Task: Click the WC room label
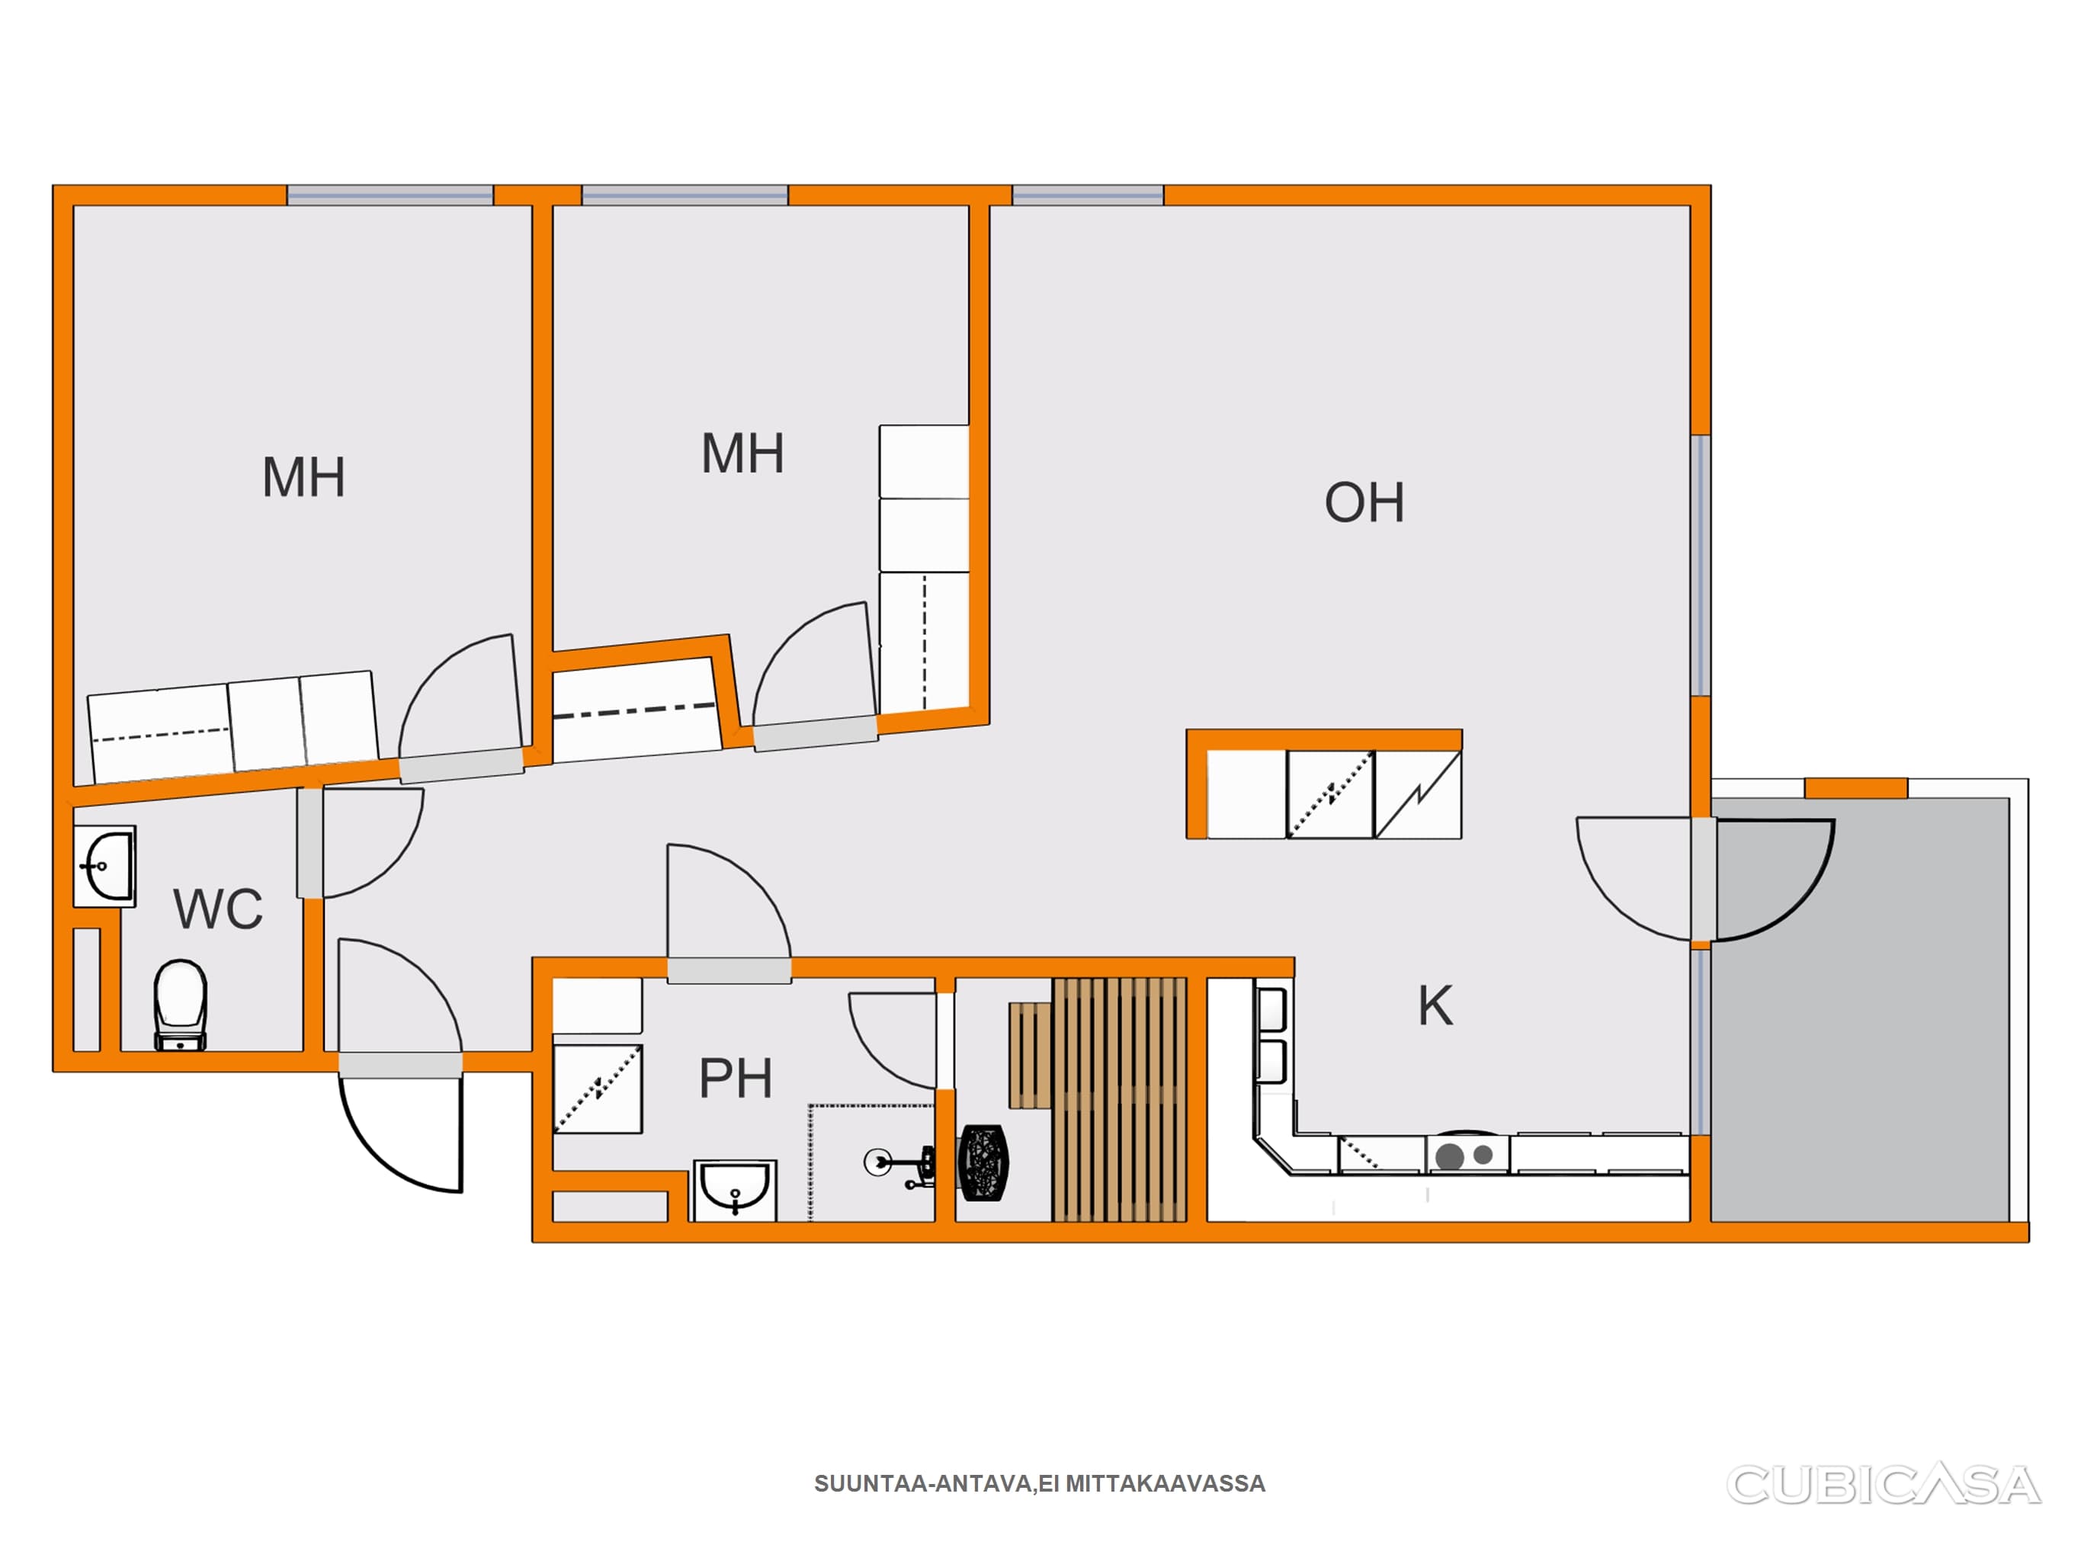tap(218, 909)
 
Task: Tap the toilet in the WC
tap(180, 1005)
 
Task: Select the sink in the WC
tap(105, 866)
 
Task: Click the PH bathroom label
tap(735, 1079)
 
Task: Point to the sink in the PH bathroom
tap(735, 1191)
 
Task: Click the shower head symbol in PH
tap(899, 1165)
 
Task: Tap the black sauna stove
tap(983, 1163)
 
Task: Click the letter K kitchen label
tap(1435, 1006)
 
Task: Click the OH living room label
tap(1364, 502)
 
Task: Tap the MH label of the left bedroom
tap(304, 477)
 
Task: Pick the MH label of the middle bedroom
tap(743, 454)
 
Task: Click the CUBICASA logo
tap(1884, 1485)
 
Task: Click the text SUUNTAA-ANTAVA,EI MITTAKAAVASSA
tap(1040, 1484)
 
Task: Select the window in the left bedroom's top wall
tap(390, 196)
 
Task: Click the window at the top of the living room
tap(1088, 196)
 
